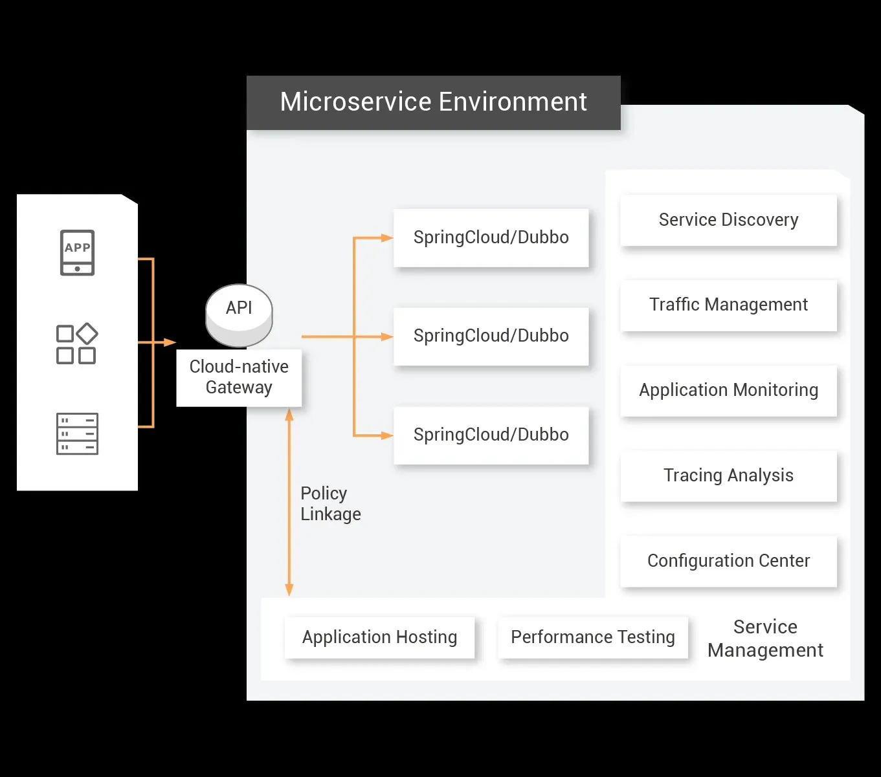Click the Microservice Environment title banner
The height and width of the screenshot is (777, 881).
433,102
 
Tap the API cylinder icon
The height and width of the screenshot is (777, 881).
239,315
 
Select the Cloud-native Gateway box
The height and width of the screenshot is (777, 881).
239,377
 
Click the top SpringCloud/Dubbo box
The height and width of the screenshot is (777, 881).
491,237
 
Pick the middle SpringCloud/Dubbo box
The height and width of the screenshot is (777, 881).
491,336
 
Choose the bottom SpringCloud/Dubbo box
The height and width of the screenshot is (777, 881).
491,435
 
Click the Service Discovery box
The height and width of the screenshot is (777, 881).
728,220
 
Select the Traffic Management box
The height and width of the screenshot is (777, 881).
728,305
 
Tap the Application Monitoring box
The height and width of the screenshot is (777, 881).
728,390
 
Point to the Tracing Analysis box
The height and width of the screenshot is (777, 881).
728,476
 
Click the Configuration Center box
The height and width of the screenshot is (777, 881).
728,561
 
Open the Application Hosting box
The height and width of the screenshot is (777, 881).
379,637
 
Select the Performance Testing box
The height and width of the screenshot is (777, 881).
592,637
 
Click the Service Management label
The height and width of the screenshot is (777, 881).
765,639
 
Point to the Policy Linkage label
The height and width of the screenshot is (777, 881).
330,503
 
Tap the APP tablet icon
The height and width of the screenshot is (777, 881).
77,252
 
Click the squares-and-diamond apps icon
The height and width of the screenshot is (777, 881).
77,344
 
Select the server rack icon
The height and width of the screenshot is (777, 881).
77,433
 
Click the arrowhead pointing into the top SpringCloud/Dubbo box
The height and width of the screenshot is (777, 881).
387,238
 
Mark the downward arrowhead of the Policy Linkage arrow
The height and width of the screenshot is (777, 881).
289,589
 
